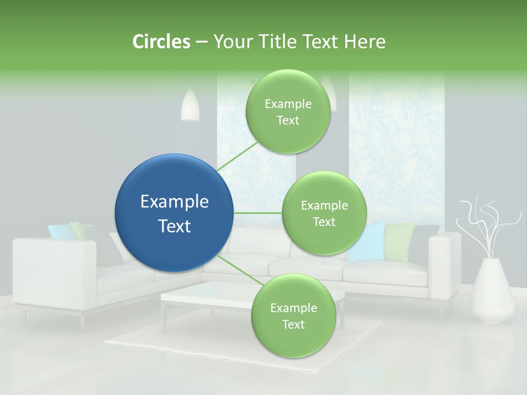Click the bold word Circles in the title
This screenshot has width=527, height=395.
click(x=161, y=42)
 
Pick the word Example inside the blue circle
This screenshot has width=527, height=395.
click(x=174, y=202)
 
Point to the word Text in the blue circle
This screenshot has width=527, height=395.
click(x=174, y=226)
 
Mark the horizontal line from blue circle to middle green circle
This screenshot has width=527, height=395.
click(x=257, y=213)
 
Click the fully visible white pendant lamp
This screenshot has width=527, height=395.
click(x=190, y=105)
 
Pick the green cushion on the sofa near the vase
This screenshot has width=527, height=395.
click(x=400, y=241)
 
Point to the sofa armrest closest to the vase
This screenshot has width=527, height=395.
click(x=444, y=263)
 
